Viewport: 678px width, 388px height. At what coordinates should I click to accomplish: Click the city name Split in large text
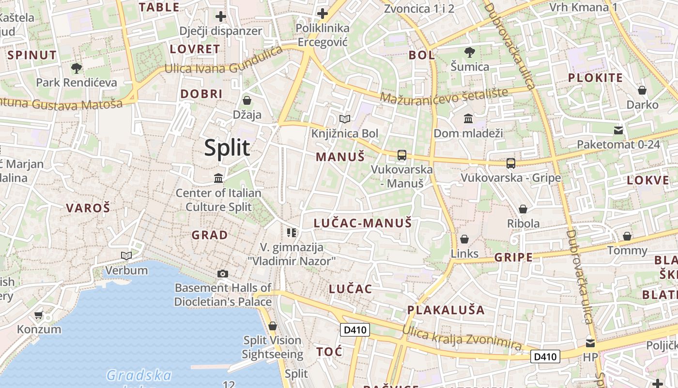227,148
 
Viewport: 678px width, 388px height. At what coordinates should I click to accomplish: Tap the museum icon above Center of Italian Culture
218,178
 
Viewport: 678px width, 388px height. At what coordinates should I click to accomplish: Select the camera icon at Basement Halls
223,274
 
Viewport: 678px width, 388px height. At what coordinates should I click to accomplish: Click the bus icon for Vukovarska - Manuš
401,155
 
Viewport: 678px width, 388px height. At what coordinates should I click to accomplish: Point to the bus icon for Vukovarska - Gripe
510,163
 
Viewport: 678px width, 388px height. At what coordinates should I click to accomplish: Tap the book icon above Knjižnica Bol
345,119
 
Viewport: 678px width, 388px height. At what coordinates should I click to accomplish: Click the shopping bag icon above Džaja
247,100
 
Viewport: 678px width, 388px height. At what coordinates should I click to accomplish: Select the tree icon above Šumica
469,52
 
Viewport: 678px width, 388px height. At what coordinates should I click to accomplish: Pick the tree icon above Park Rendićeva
76,68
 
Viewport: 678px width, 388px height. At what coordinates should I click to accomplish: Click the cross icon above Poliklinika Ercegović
323,14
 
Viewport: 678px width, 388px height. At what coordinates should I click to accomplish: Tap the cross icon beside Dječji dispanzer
221,16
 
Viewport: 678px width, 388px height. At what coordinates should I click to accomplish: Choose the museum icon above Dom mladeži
468,118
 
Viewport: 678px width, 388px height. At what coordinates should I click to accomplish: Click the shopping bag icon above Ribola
523,209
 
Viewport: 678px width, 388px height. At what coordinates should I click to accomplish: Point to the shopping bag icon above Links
464,239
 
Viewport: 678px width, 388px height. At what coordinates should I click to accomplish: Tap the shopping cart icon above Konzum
39,315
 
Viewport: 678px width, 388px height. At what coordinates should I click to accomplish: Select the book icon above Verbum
126,256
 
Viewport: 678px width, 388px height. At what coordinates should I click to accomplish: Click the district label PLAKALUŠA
446,310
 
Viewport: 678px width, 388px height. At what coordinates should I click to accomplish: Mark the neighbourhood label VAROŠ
88,209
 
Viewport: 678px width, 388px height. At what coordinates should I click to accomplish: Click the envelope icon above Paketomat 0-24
618,130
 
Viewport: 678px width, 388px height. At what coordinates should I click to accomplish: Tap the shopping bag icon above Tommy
627,236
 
